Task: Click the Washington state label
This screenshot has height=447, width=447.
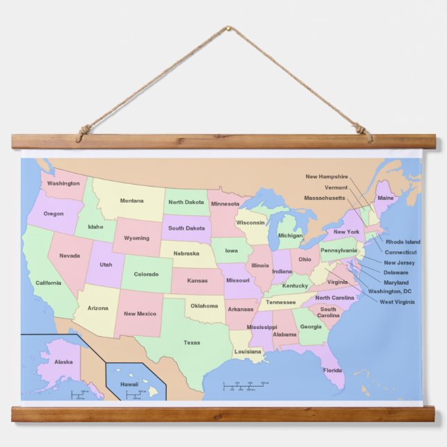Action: [x=63, y=184]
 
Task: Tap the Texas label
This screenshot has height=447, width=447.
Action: [x=192, y=342]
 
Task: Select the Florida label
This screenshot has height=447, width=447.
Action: [x=332, y=370]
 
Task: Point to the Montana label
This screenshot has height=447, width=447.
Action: [x=132, y=201]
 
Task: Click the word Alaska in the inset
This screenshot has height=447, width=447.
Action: [x=63, y=362]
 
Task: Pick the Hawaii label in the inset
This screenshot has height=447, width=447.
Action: [x=129, y=384]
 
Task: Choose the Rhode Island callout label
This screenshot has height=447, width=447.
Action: [x=403, y=242]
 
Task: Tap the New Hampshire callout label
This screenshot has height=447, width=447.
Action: [x=326, y=176]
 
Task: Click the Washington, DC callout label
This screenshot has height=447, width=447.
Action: [x=389, y=292]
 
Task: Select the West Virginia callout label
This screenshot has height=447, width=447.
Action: [x=397, y=302]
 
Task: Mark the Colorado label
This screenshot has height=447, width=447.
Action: [x=146, y=274]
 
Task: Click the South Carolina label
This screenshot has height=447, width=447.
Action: [x=328, y=312]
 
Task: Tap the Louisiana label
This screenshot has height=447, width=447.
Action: [x=248, y=351]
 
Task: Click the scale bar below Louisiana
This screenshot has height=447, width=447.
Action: [x=246, y=385]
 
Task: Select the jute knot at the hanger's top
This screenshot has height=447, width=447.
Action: [x=226, y=30]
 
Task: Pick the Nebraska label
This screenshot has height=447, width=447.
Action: [x=186, y=253]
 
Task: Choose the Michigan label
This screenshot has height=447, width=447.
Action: [x=291, y=235]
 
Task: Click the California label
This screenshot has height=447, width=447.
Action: [x=48, y=282]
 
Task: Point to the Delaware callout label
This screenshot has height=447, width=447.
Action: [x=396, y=272]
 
